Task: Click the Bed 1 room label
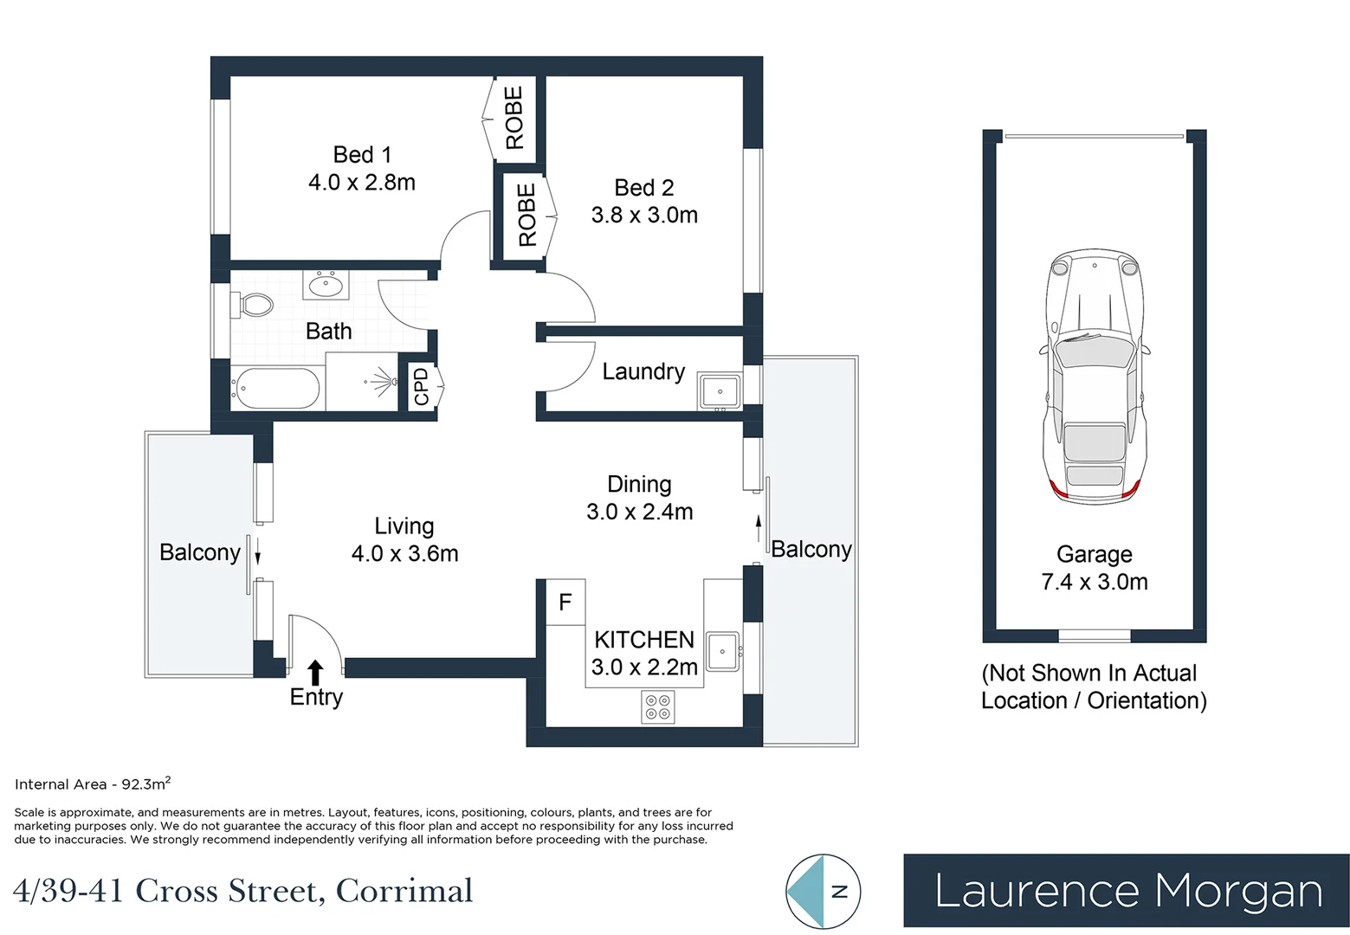tap(362, 155)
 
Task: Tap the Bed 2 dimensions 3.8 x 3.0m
tap(644, 216)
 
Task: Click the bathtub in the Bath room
tap(276, 389)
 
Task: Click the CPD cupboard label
tap(422, 386)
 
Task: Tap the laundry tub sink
tap(720, 392)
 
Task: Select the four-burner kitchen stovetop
tap(657, 706)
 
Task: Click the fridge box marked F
tap(565, 602)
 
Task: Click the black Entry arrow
tap(316, 673)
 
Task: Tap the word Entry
tap(316, 698)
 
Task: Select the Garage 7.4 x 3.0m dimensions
tap(1095, 582)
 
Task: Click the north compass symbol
tap(823, 892)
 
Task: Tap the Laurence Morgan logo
tap(1127, 892)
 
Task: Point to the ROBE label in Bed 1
tap(514, 118)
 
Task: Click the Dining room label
tap(639, 484)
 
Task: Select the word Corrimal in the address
tap(404, 891)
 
